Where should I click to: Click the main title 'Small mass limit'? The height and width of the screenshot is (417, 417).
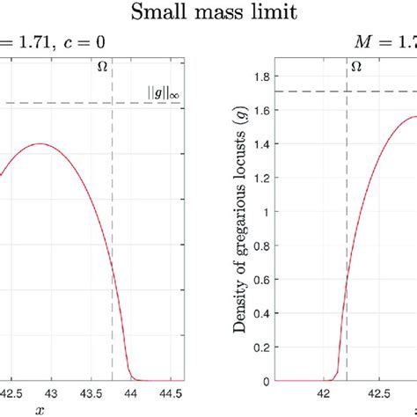[x=208, y=12]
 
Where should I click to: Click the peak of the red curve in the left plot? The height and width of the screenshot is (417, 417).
[x=39, y=143]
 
